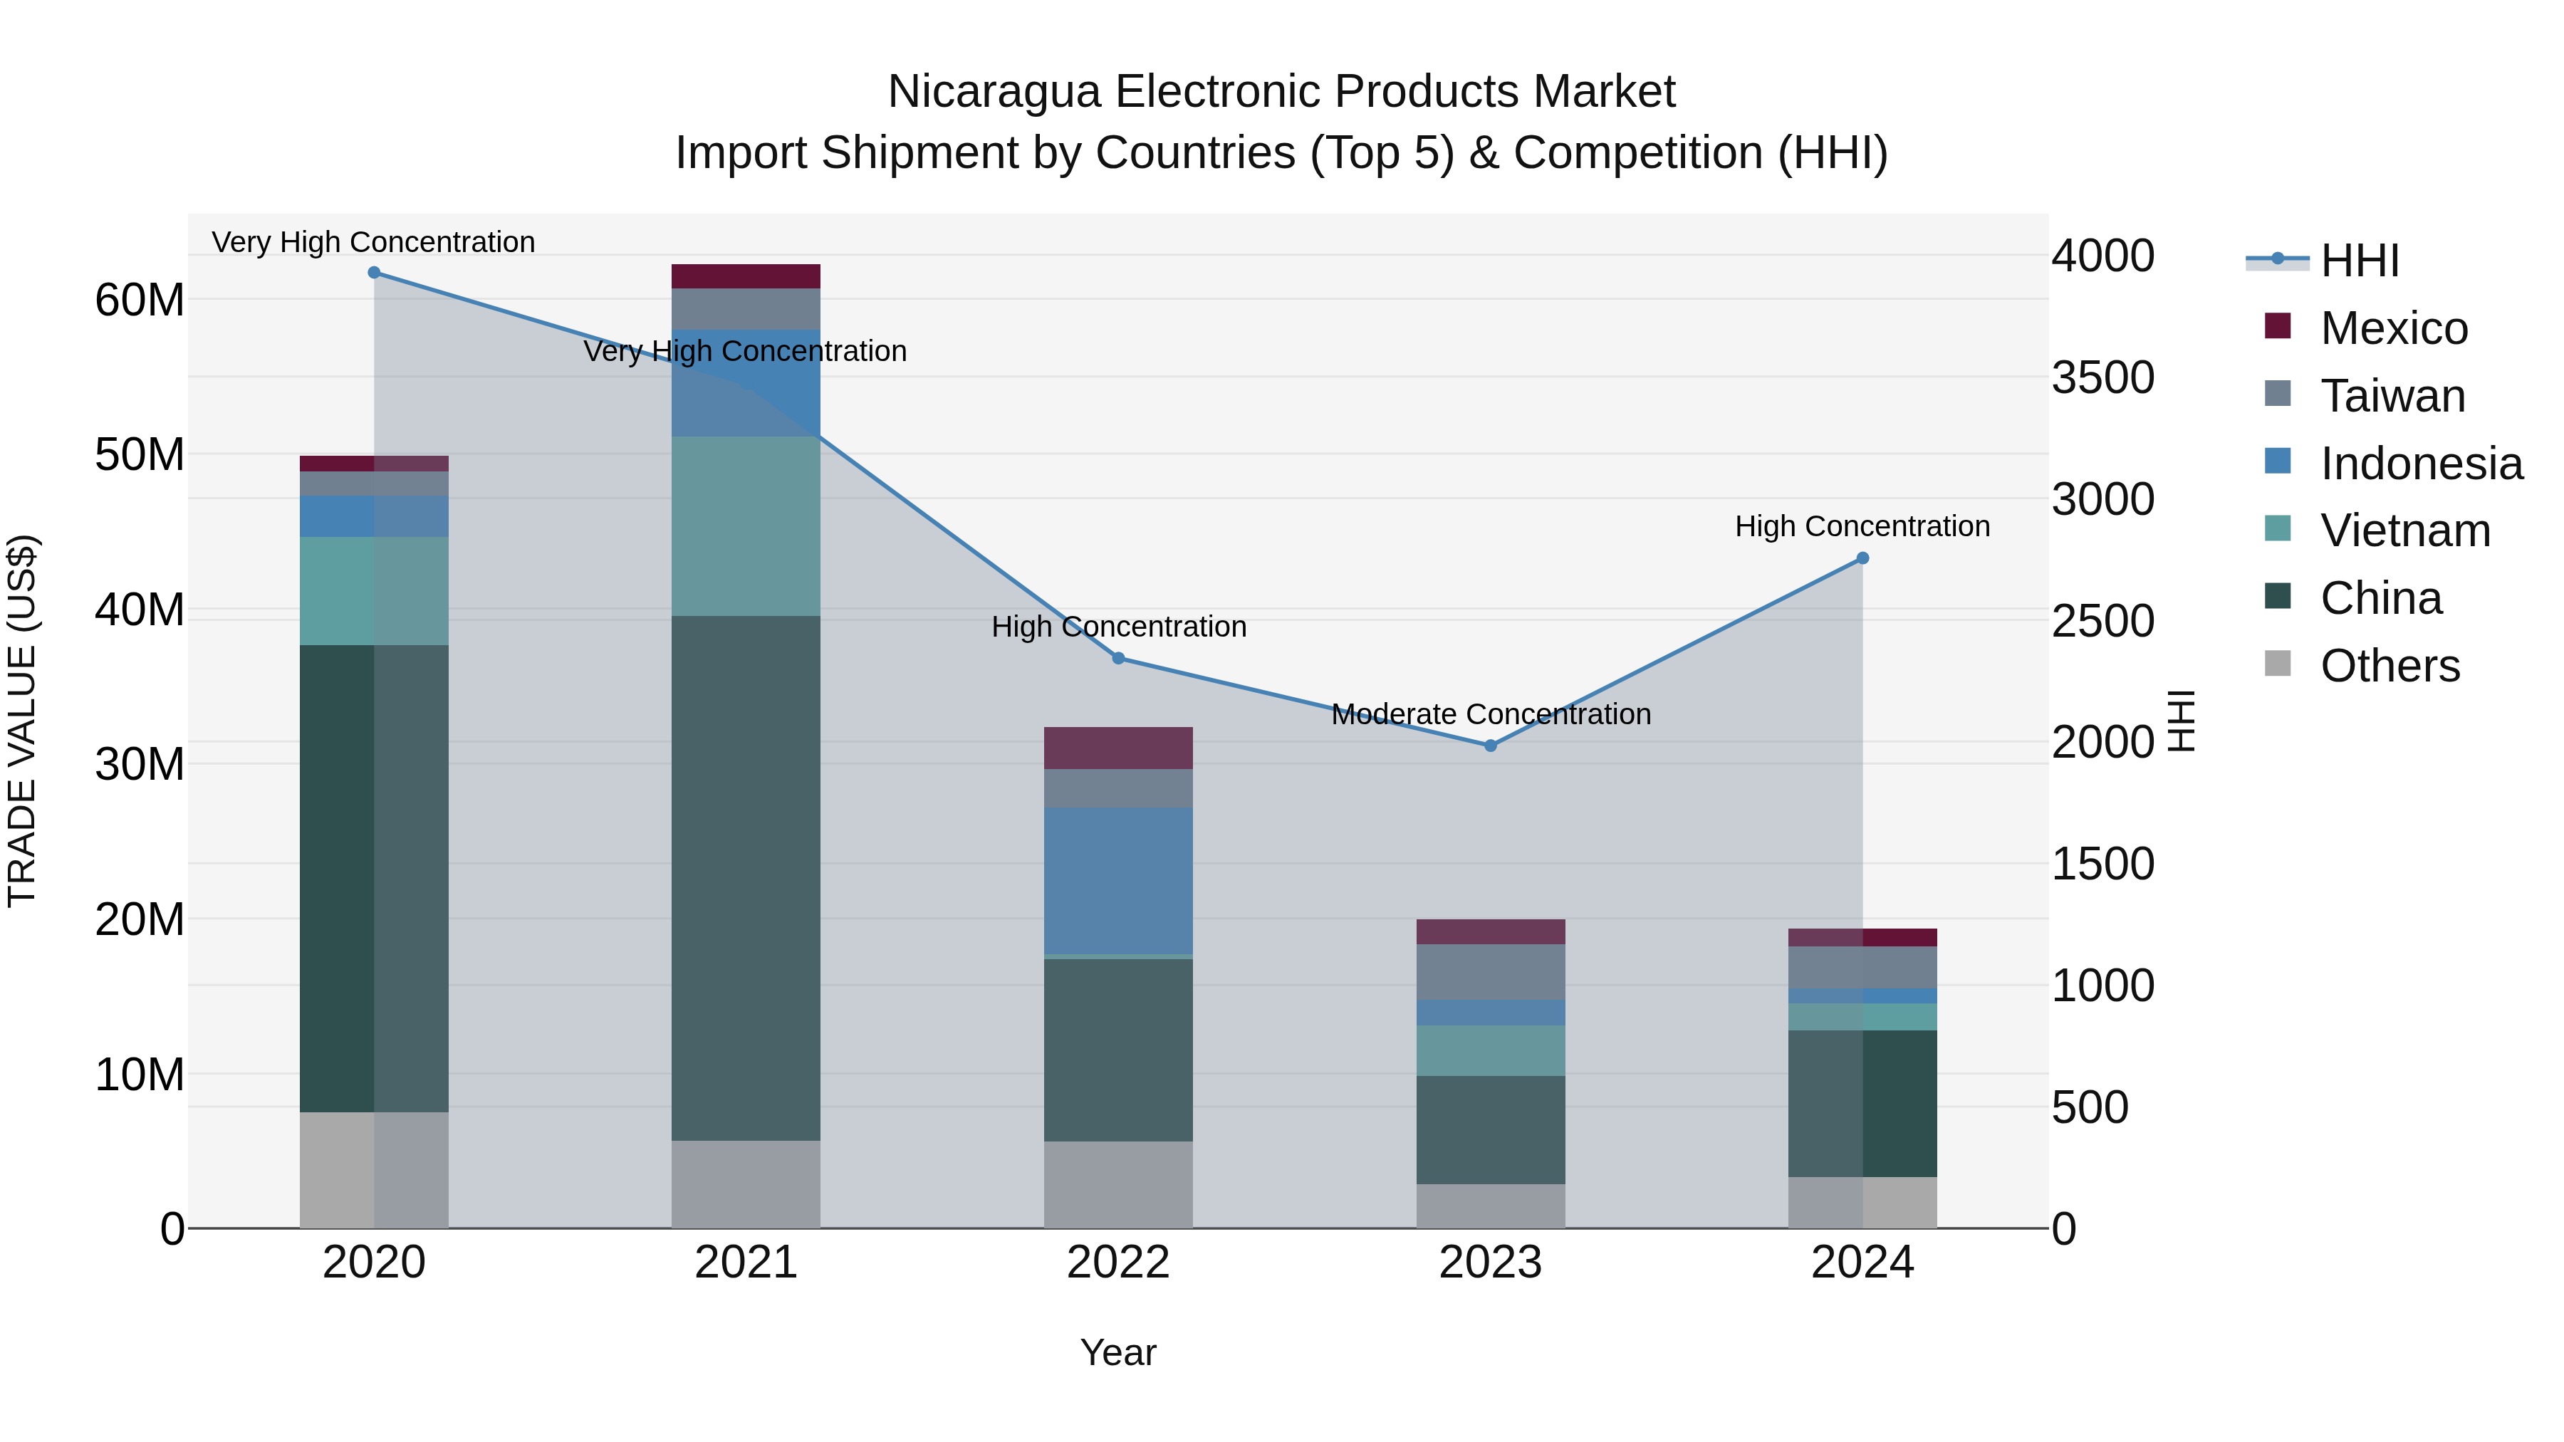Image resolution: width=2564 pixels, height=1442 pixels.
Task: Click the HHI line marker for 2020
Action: [x=374, y=273]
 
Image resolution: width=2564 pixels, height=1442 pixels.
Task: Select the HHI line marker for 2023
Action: [x=1490, y=746]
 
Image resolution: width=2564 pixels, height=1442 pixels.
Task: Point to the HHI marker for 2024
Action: [x=1862, y=559]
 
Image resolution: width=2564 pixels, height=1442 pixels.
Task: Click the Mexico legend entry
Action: [x=2393, y=328]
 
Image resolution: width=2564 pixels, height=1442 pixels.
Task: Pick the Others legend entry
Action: [x=2389, y=666]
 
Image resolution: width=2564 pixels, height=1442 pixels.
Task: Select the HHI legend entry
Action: [x=2359, y=261]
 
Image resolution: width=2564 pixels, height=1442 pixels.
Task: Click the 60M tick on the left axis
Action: [x=140, y=300]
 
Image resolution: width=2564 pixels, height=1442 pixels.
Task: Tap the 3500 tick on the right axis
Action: [x=2102, y=378]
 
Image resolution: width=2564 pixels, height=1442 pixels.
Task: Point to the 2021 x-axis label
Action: [x=746, y=1263]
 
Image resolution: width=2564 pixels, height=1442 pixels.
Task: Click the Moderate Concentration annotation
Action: [x=1490, y=714]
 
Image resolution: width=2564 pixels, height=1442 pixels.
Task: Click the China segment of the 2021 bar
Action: [x=746, y=878]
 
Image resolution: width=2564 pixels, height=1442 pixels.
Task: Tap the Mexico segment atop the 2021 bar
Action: [x=746, y=277]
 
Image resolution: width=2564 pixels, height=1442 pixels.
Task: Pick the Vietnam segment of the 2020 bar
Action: [x=373, y=591]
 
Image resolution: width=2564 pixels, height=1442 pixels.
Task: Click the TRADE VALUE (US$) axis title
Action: [x=22, y=721]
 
